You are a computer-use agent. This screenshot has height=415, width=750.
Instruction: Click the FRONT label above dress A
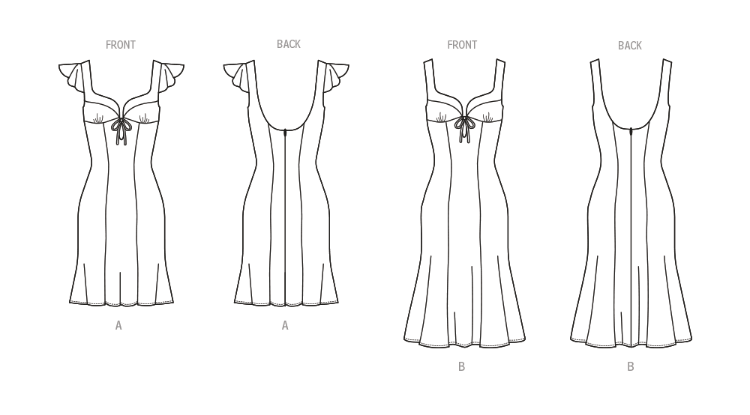pyautogui.click(x=120, y=45)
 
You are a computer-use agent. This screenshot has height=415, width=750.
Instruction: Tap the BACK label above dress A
pyautogui.click(x=289, y=44)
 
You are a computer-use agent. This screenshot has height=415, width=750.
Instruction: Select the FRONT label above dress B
pyautogui.click(x=462, y=45)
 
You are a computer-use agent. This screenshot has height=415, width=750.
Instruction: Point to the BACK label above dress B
pyautogui.click(x=630, y=46)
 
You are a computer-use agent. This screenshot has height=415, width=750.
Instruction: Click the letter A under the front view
pyautogui.click(x=118, y=326)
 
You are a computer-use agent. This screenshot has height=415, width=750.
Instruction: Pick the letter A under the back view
pyautogui.click(x=285, y=326)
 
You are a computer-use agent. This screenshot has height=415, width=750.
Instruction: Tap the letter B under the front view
pyautogui.click(x=462, y=366)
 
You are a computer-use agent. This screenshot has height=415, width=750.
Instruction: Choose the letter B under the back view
pyautogui.click(x=631, y=366)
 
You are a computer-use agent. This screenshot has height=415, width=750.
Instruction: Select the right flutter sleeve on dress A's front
pyautogui.click(x=171, y=75)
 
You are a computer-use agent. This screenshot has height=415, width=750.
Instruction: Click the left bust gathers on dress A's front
pyautogui.click(x=99, y=117)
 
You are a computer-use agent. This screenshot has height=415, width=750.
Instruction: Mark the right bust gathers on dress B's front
pyautogui.click(x=489, y=116)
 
